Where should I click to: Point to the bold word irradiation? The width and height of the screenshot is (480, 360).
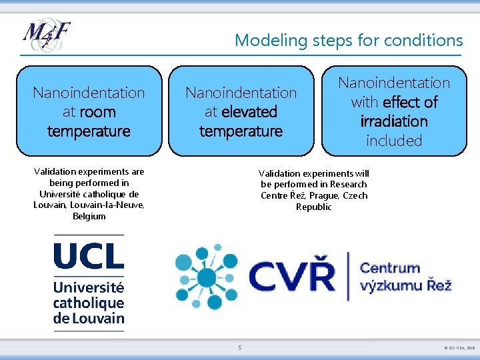tap(394, 121)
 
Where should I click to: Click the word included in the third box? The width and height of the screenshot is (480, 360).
tap(394, 141)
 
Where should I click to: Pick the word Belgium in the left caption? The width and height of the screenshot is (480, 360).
tap(89, 217)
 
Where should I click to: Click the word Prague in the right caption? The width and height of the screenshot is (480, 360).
tap(323, 196)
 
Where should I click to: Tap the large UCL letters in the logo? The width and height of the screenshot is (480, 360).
tap(89, 257)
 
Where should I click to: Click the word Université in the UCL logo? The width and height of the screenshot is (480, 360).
tap(89, 288)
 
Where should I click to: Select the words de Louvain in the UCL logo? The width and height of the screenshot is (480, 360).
tap(89, 317)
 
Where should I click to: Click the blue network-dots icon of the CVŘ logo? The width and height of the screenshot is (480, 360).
tap(206, 277)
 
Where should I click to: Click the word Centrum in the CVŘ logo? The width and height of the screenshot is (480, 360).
tap(390, 268)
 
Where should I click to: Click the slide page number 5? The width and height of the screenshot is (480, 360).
tap(240, 347)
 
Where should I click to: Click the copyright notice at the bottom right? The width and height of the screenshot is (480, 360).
tap(459, 348)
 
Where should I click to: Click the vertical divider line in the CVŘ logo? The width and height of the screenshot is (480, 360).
tap(347, 276)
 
